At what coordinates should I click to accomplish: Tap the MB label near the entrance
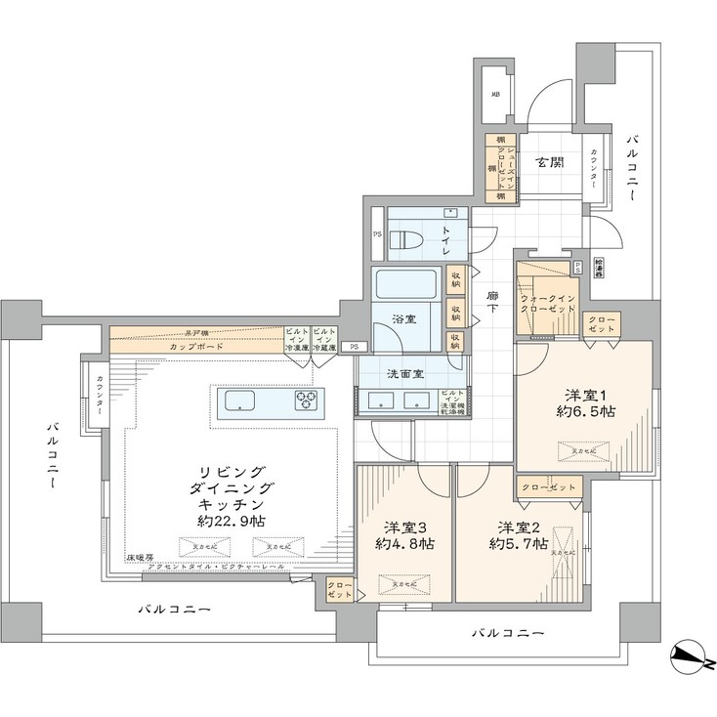click(x=496, y=95)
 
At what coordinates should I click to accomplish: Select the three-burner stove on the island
click(x=306, y=400)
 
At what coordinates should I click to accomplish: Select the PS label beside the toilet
click(x=377, y=234)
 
